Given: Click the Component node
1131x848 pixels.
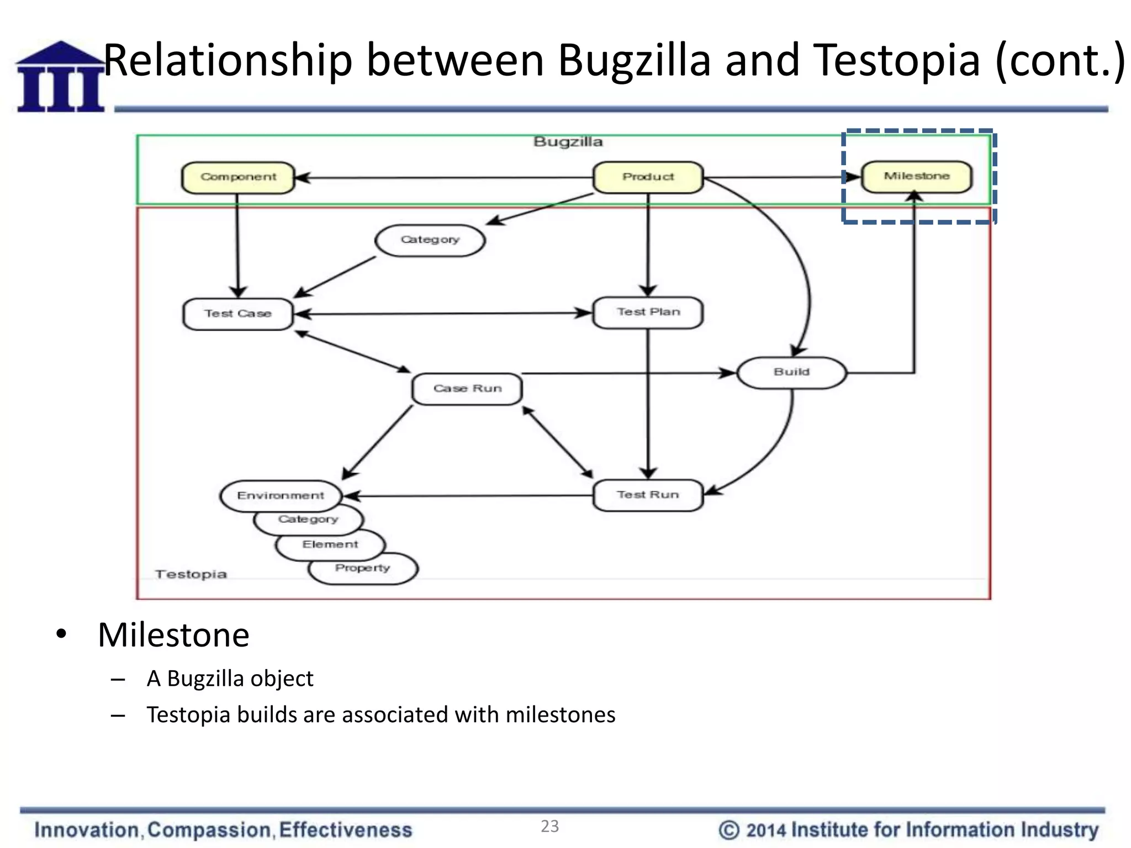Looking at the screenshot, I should coord(238,177).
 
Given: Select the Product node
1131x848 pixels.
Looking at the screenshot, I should coord(648,177).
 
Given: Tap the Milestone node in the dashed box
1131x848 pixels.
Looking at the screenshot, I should coord(916,177).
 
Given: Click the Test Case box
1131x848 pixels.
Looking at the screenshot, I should coord(238,314).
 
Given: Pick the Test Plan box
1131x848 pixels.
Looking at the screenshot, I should coord(648,312).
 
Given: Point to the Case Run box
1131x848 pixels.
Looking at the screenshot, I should coord(467,389).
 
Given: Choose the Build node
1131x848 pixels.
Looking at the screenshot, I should coord(791,373).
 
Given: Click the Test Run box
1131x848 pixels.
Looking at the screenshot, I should coord(648,495).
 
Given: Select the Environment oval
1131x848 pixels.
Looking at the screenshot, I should coord(281,495).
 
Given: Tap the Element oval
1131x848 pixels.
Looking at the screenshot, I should coord(330,545).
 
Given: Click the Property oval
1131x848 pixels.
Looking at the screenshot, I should coord(363,569).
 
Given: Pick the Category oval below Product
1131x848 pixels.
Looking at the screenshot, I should coord(430,240).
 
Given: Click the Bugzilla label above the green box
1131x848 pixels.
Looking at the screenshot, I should coord(568,142).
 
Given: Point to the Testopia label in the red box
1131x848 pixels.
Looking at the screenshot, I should coord(191,574).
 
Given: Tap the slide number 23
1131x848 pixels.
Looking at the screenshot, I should coord(549,826).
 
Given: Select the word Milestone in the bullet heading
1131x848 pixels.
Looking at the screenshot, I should coord(173,635).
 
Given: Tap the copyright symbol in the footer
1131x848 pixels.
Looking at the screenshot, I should coord(729,830).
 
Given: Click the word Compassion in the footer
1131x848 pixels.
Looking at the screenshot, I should coord(209,830).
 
